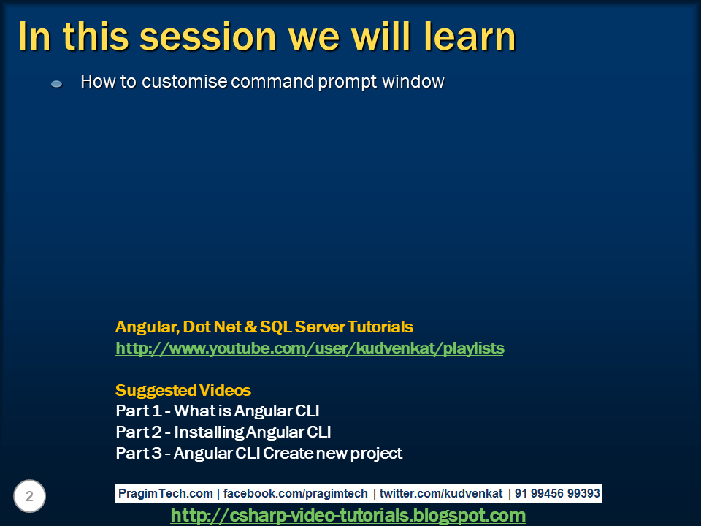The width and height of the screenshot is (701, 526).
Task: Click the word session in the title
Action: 208,37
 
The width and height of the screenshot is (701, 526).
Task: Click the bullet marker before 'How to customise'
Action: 56,83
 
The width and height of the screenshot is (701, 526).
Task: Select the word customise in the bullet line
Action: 184,82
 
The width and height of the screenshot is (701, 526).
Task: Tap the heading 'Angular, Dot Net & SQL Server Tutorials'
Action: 264,327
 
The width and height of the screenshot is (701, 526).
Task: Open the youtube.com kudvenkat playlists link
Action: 310,348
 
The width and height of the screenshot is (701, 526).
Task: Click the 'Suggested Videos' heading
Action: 183,390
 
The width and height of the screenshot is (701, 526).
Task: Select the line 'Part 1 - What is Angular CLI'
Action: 218,411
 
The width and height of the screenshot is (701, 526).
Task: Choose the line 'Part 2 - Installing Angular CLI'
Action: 223,432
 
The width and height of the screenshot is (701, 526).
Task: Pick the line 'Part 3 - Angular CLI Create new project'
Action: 258,453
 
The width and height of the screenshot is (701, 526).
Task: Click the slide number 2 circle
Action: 29,496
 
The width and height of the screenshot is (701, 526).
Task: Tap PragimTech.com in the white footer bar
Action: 166,493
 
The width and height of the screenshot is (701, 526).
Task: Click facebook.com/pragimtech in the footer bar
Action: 296,493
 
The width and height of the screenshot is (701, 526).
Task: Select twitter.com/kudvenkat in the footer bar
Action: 441,493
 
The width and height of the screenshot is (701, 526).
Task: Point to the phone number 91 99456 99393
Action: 557,493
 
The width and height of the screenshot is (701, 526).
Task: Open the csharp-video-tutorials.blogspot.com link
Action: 348,515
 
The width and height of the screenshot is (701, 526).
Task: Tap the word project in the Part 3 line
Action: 377,454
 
